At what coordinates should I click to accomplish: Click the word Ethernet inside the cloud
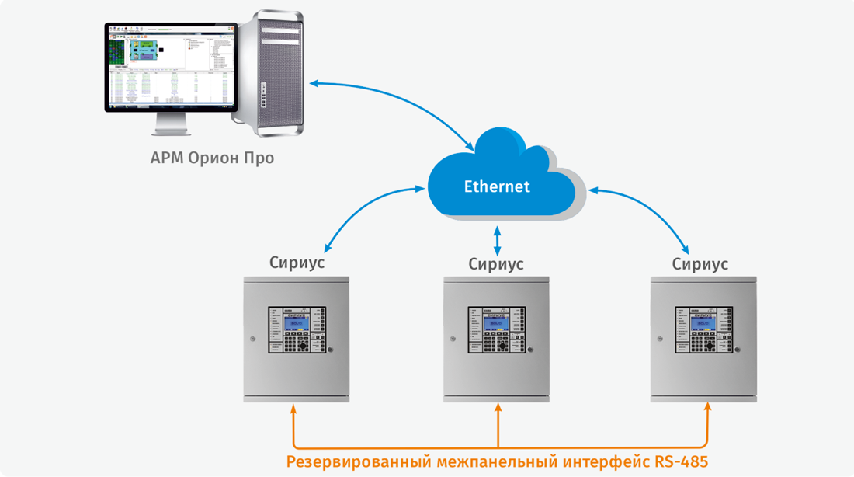coord(497,186)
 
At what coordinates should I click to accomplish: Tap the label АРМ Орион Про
coord(212,158)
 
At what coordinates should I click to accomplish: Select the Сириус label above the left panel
coord(297,263)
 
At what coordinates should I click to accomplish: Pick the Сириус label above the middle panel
coord(496,264)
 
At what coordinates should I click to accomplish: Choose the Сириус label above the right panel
coord(700,264)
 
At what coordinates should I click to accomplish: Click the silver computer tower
coord(272,74)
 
